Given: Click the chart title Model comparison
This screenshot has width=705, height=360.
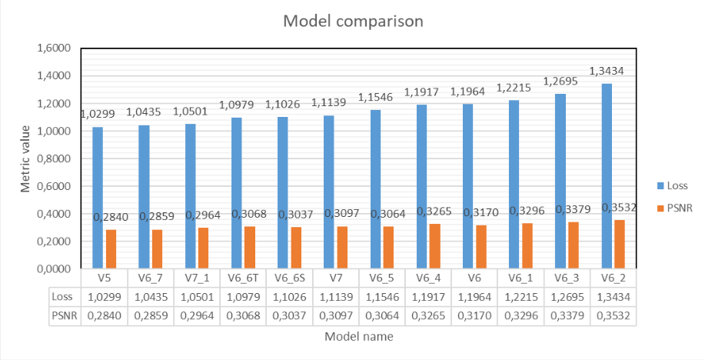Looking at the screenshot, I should tap(353, 21).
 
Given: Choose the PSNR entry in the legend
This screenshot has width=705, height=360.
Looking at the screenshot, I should tap(675, 207).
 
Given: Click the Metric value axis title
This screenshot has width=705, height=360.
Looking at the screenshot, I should tap(26, 158).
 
